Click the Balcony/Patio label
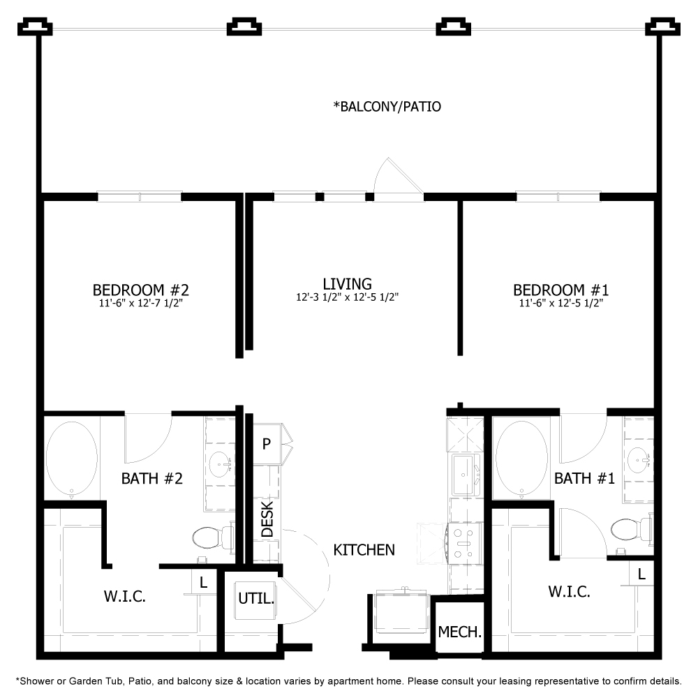pos(387,107)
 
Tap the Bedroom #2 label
pos(141,289)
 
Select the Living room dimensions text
pos(347,297)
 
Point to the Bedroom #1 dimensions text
pos(560,304)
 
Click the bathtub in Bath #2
pos(71,457)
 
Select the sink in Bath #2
pos(221,463)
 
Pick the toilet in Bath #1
pos(626,528)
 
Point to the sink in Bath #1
pos(640,459)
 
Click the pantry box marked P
pos(267,444)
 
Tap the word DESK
pos(267,519)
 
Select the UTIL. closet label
pos(256,598)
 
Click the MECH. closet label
pos(459,632)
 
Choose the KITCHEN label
pos(364,550)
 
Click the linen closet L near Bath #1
pos(641,573)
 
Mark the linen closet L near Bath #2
pos(203,582)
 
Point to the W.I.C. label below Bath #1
pos(569,592)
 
